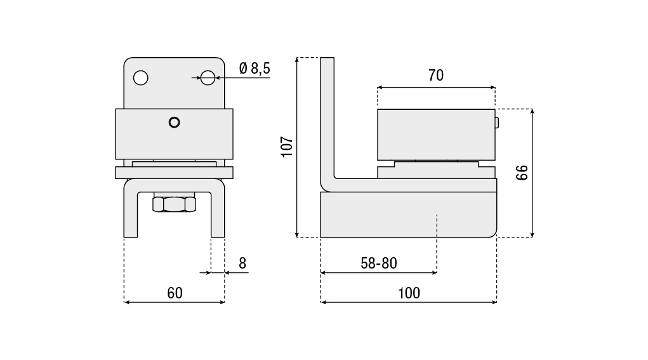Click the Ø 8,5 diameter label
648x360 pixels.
(255, 68)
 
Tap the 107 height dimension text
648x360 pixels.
(287, 147)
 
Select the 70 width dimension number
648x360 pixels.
(436, 75)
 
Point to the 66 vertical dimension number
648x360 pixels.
(522, 172)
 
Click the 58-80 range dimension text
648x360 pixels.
(378, 263)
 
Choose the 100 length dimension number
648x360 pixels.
(409, 293)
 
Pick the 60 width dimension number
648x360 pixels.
(175, 293)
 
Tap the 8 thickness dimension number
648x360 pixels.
(242, 263)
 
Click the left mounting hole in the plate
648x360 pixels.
(140, 77)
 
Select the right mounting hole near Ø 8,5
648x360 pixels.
(208, 77)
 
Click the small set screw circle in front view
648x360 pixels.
(175, 123)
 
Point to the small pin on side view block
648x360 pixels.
(497, 123)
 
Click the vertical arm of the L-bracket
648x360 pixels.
(327, 120)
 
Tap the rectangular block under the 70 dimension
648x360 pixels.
(436, 135)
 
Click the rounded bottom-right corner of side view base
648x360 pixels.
(493, 234)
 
